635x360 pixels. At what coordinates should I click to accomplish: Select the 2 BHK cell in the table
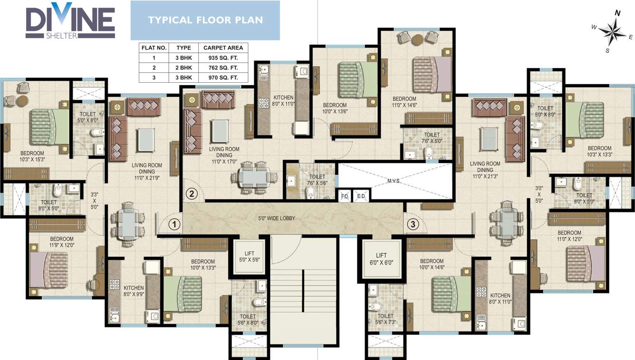pyautogui.click(x=183, y=68)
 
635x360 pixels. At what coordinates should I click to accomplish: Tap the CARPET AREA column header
pyautogui.click(x=223, y=48)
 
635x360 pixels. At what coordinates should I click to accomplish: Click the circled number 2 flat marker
pyautogui.click(x=192, y=194)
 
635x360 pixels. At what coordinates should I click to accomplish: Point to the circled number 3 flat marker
pyautogui.click(x=413, y=224)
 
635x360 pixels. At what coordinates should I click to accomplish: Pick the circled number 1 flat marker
pyautogui.click(x=175, y=224)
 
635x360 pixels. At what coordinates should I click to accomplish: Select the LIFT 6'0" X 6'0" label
pyautogui.click(x=381, y=259)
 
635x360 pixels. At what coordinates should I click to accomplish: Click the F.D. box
pyautogui.click(x=345, y=196)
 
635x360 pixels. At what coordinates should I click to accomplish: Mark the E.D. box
pyautogui.click(x=361, y=196)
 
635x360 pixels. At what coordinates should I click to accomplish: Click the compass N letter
pyautogui.click(x=617, y=13)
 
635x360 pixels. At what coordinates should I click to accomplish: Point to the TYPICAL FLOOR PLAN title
pyautogui.click(x=205, y=20)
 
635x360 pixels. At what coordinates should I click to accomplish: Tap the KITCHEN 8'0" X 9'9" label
pyautogui.click(x=134, y=291)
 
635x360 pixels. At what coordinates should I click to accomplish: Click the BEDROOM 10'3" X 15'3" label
pyautogui.click(x=32, y=156)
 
